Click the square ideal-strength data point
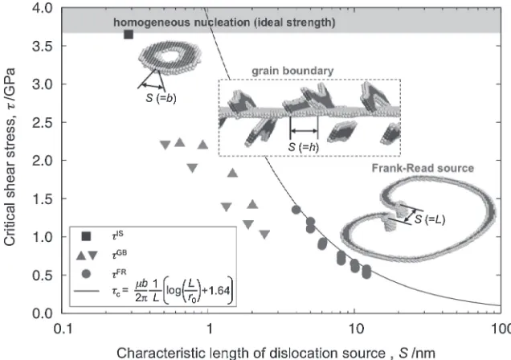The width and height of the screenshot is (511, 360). (129, 35)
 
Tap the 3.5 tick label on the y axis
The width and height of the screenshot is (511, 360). (42, 47)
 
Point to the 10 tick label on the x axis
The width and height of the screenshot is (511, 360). (354, 329)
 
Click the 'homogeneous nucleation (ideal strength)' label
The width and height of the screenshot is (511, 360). (224, 22)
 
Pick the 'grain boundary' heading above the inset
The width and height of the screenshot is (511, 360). (292, 71)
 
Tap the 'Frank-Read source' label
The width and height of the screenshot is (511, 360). (423, 168)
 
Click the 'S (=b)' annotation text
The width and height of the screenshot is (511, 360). (161, 98)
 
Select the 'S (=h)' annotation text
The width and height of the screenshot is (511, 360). (304, 146)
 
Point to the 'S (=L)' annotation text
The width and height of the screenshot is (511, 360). (430, 219)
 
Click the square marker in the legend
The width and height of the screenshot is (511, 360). (86, 236)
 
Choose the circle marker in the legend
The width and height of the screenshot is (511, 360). (86, 274)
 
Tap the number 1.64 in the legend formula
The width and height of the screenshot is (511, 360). (218, 291)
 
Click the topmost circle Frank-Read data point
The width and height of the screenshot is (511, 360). (296, 210)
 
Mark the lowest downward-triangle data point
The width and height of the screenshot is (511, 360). (264, 235)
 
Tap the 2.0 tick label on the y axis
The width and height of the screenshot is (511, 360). (42, 161)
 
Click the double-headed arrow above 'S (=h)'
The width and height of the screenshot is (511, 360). (304, 131)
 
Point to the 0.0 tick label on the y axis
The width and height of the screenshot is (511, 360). (42, 313)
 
